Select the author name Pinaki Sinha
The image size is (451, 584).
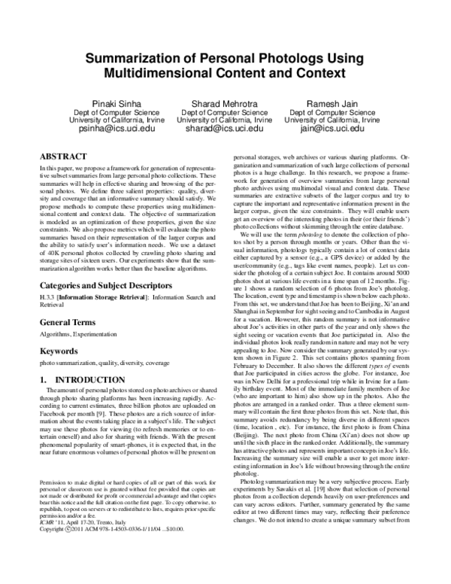coord(111,103)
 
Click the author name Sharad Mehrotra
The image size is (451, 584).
coord(225,103)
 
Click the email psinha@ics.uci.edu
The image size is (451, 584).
coord(111,129)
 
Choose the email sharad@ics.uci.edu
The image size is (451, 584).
coord(225,129)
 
